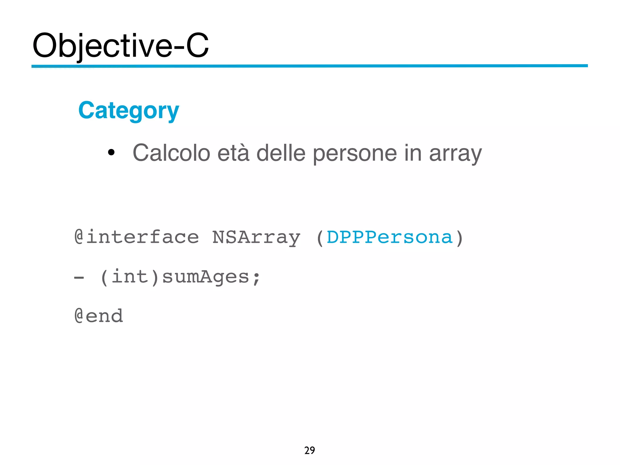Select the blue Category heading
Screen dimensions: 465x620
[129, 111]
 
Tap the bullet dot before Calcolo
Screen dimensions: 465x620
[111, 152]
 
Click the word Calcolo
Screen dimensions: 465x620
[171, 153]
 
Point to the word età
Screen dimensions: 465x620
[233, 153]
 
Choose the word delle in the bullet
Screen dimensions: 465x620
[281, 153]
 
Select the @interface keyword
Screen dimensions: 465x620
[137, 237]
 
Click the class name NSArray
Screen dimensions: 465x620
[256, 238]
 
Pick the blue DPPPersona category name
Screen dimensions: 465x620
[390, 237]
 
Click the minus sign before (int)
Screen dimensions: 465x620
[79, 277]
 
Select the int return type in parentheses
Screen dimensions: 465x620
[130, 277]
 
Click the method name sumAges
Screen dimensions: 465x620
[206, 277]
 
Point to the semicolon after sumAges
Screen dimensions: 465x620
[256, 278]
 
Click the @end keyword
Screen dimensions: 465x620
[99, 316]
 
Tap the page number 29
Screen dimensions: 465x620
[309, 450]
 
